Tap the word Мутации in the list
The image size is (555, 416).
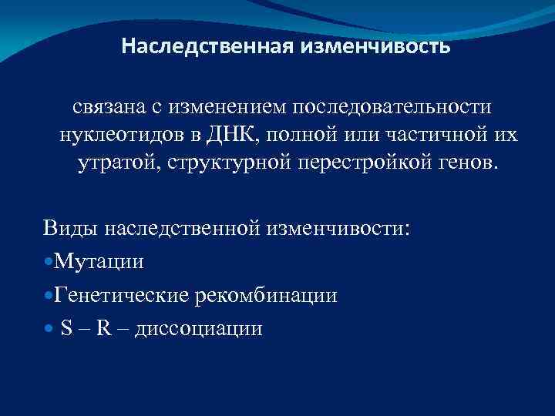coord(99,262)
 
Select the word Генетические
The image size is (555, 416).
coord(124,296)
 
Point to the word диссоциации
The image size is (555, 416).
coord(198,329)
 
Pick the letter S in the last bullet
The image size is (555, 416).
coord(66,329)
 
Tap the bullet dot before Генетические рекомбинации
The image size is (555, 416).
coord(49,296)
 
